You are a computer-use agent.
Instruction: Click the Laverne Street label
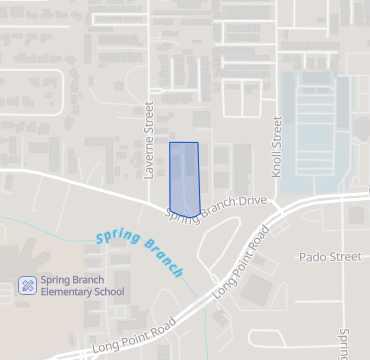149,139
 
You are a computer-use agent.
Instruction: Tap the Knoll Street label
278,146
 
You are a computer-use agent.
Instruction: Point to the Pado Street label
330,257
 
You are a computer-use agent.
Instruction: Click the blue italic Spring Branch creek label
142,254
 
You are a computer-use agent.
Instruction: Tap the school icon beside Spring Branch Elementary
28,286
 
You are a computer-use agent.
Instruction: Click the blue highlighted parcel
184,178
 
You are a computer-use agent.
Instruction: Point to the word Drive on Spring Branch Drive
252,201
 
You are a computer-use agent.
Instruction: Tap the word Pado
314,257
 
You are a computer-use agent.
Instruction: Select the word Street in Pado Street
345,257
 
